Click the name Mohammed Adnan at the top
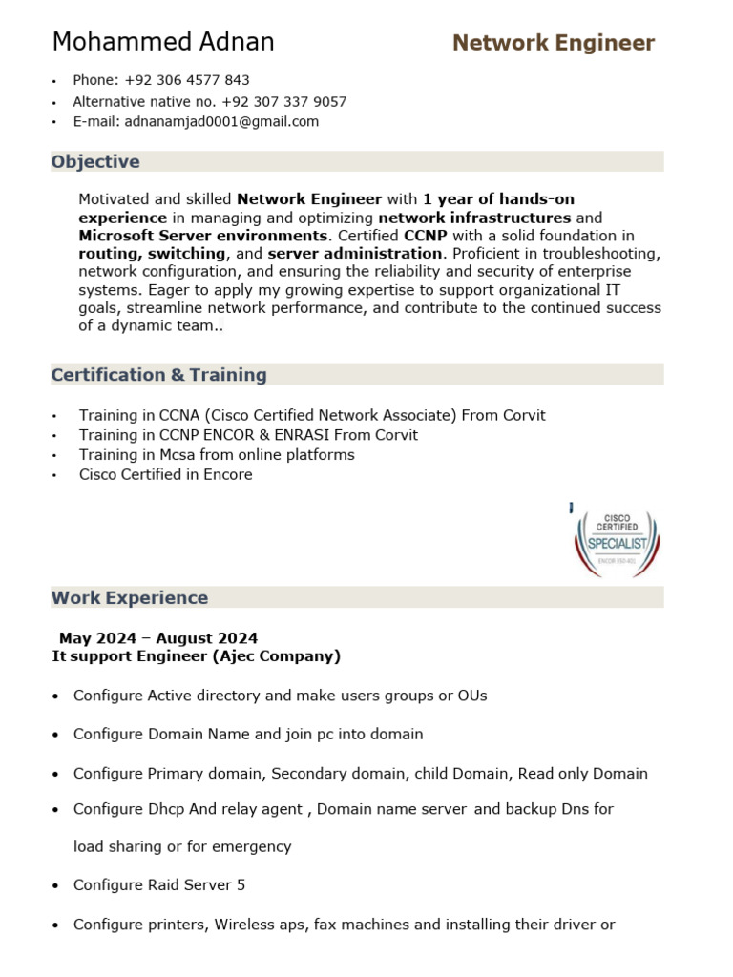pos(163,42)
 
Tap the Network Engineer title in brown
pos(554,43)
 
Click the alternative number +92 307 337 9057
pos(283,101)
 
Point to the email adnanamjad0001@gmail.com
pos(221,122)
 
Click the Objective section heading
pos(95,161)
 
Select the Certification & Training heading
pos(158,375)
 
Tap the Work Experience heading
pos(130,598)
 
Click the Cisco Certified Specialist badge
pos(618,542)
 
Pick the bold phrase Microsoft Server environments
pos(202,236)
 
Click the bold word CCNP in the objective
pos(426,236)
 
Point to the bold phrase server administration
pos(355,254)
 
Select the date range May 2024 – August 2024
pos(158,638)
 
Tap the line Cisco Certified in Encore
pos(166,474)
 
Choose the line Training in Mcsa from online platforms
pos(217,454)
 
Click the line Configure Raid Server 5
pos(159,885)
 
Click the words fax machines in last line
pos(357,925)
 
